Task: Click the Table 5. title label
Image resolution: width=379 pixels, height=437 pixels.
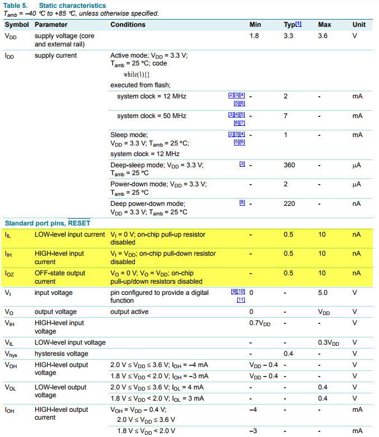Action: [x=17, y=6]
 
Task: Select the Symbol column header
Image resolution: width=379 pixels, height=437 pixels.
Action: [x=16, y=25]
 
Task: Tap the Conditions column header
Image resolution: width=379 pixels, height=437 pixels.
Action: [x=128, y=25]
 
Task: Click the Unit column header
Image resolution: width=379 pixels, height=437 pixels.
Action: [x=359, y=25]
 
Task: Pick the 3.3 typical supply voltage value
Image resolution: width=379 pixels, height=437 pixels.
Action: [x=289, y=36]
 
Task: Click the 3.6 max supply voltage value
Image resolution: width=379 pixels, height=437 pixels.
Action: [x=323, y=36]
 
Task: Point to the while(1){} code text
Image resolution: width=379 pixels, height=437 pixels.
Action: [x=137, y=74]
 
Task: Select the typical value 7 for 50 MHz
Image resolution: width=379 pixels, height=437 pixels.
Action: [x=286, y=116]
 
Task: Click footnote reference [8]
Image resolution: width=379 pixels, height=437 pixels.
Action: [x=242, y=203]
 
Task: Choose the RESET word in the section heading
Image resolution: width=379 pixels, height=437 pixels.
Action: [x=79, y=223]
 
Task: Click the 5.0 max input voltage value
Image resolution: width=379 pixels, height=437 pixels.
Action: [x=323, y=293]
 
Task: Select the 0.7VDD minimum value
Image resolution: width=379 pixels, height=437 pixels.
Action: [x=260, y=323]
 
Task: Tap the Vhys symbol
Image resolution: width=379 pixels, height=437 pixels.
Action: [x=12, y=354]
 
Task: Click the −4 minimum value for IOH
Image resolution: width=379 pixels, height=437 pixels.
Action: [x=252, y=410]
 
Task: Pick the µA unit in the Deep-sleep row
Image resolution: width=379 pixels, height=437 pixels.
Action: [x=357, y=165]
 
